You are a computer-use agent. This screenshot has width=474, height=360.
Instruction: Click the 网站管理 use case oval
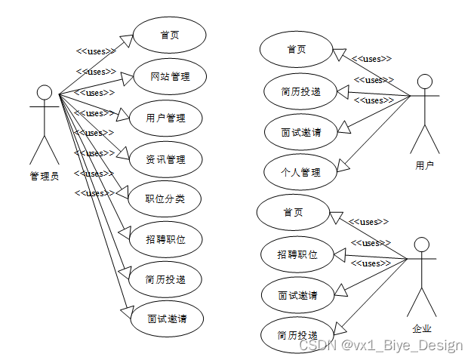coord(170,76)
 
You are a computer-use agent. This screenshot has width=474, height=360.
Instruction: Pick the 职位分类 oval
coord(165,200)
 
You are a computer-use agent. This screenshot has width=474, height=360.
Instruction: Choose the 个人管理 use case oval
coord(300,172)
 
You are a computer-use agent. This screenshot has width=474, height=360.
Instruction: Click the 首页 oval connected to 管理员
coord(170,35)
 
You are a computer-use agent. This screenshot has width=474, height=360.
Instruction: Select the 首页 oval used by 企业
coord(293,213)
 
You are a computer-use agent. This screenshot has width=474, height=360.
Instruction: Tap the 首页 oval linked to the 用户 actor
coord(297,49)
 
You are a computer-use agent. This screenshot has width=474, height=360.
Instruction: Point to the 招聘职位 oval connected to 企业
coord(298,254)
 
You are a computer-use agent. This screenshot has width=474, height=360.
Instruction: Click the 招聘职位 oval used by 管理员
coord(165,240)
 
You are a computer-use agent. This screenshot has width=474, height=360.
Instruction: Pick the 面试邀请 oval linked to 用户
coord(300,131)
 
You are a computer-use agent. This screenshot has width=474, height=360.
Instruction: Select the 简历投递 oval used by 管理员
coord(165,279)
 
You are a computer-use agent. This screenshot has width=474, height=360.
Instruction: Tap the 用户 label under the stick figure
coord(425,165)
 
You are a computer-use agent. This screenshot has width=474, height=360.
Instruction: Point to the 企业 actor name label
coord(422,328)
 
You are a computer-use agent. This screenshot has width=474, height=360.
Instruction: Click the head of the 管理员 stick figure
coord(45,93)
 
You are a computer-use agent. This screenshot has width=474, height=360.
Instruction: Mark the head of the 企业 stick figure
coord(421,244)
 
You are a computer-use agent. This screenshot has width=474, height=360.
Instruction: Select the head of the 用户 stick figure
coord(425,81)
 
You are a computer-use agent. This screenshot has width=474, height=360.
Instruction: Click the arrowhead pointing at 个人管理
coord(342,165)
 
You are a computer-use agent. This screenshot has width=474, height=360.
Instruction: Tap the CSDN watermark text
coord(381,346)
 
